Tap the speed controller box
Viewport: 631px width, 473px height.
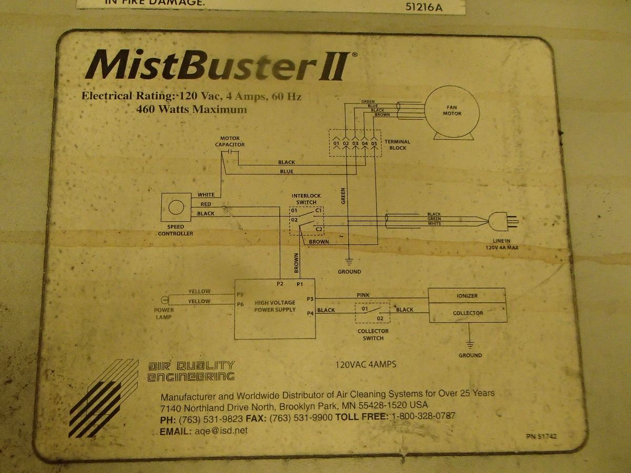(176, 208)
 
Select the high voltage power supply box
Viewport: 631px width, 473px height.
(274, 309)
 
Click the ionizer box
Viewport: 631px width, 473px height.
(467, 295)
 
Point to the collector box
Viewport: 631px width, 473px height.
(467, 313)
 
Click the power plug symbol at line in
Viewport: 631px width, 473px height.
(503, 221)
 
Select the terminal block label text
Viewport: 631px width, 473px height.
(397, 145)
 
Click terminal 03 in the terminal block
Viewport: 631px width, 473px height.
(355, 143)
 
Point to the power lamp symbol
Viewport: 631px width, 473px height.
(164, 301)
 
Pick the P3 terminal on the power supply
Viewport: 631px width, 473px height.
(310, 299)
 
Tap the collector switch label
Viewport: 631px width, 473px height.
(373, 334)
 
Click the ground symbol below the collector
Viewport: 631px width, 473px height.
(470, 344)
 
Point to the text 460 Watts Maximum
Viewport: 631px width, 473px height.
(191, 110)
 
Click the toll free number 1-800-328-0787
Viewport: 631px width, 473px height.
(422, 416)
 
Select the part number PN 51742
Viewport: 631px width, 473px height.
(541, 436)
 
